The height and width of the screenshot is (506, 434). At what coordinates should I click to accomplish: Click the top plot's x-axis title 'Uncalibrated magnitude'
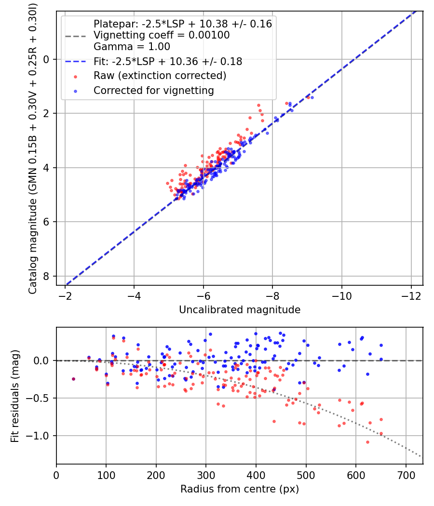coord(240,310)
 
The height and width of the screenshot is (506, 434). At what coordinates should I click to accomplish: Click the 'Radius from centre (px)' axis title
coord(240,489)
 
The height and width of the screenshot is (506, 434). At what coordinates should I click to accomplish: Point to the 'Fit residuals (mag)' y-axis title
coord(15,396)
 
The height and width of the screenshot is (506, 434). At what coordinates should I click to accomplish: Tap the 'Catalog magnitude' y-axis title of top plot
coord(32,147)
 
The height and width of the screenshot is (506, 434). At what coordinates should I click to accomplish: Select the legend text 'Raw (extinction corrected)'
coord(160,76)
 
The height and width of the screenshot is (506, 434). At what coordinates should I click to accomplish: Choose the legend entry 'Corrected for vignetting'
coord(153,90)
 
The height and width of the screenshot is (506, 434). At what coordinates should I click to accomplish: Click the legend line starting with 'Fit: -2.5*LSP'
coord(167,62)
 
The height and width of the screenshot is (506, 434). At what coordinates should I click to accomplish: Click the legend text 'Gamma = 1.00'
coord(132,47)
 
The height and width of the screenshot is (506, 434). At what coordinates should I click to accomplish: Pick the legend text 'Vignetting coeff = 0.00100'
coord(162,35)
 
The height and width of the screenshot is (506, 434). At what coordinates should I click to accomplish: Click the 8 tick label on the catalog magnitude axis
coord(46,276)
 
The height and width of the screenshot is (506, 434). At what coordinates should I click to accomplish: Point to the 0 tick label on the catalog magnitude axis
coord(46,59)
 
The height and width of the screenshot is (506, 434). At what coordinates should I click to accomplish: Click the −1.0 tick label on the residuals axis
coord(41,436)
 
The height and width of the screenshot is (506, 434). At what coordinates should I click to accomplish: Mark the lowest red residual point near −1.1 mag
coord(367,442)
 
